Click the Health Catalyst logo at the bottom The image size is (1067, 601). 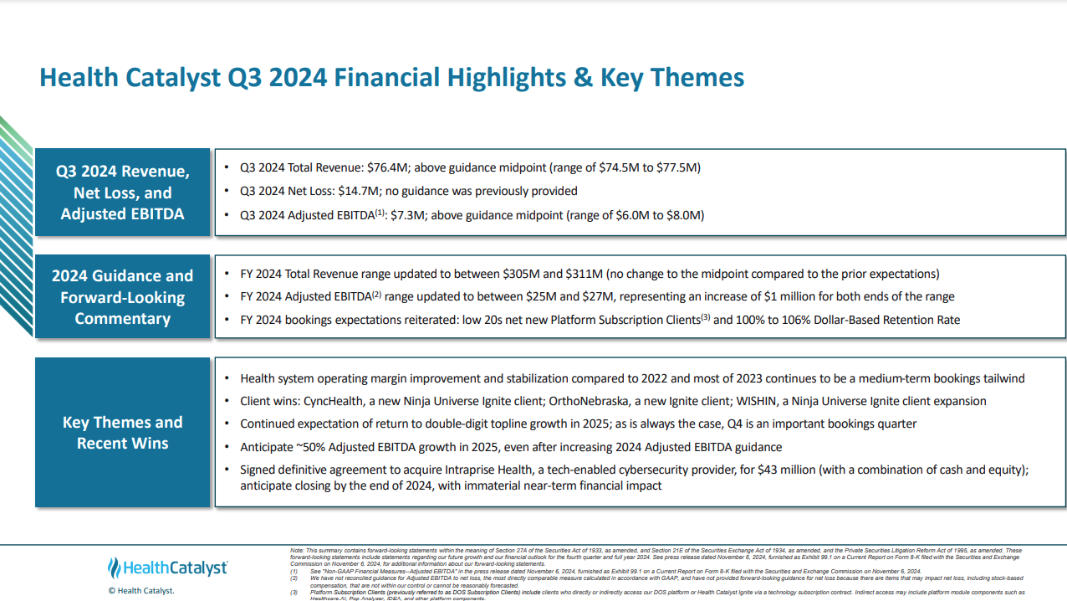tap(168, 568)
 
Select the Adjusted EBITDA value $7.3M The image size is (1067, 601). tap(406, 215)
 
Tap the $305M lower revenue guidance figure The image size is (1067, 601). tap(522, 274)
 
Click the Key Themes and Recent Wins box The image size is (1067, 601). tap(123, 432)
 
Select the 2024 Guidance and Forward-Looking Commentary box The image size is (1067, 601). tap(123, 297)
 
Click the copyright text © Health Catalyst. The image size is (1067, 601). tap(141, 591)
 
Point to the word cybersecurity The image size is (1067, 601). tap(682, 470)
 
